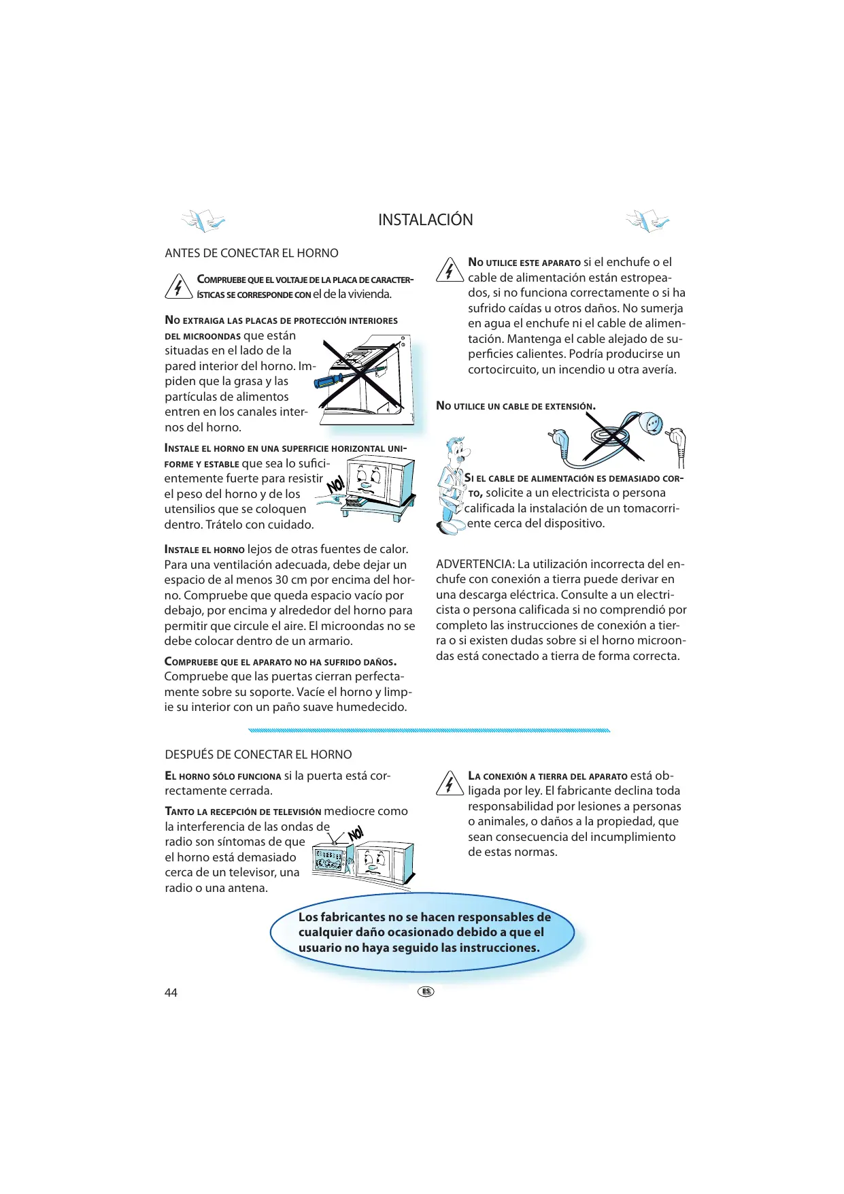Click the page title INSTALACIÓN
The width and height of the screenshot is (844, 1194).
click(425, 220)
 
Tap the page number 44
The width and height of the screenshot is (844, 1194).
click(171, 993)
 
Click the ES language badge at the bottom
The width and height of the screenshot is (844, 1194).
click(426, 991)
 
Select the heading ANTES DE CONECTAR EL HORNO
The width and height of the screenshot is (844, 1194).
click(252, 253)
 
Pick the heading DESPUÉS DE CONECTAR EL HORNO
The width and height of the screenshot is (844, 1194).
click(258, 754)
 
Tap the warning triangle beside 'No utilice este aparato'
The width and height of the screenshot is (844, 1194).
click(450, 270)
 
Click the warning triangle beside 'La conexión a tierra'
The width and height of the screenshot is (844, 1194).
click(450, 784)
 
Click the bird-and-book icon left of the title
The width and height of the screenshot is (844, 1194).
click(203, 220)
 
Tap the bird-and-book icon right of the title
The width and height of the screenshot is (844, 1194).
click(647, 220)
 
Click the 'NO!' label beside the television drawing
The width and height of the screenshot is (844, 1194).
click(355, 834)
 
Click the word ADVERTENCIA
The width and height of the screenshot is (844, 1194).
click(475, 564)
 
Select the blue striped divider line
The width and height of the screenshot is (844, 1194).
click(429, 730)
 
